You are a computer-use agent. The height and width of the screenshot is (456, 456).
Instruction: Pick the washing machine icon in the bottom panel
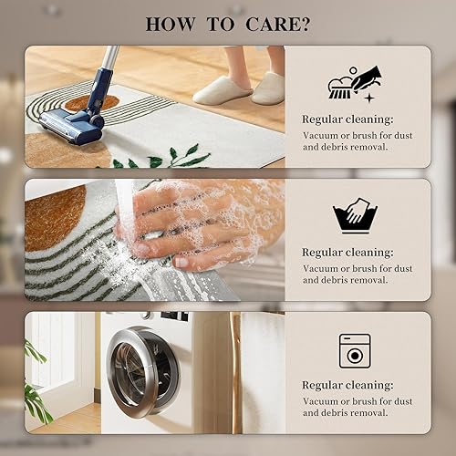click(x=355, y=351)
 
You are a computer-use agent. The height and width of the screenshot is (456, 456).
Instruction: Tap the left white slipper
click(x=222, y=89)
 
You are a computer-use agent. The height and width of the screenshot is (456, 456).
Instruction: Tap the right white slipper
click(x=268, y=88)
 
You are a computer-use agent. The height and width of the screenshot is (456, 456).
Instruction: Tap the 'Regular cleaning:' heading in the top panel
click(x=347, y=119)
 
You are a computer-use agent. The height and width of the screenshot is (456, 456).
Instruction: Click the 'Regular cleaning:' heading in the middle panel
click(x=347, y=251)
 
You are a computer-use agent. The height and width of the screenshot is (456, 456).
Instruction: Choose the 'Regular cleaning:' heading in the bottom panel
click(x=347, y=384)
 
